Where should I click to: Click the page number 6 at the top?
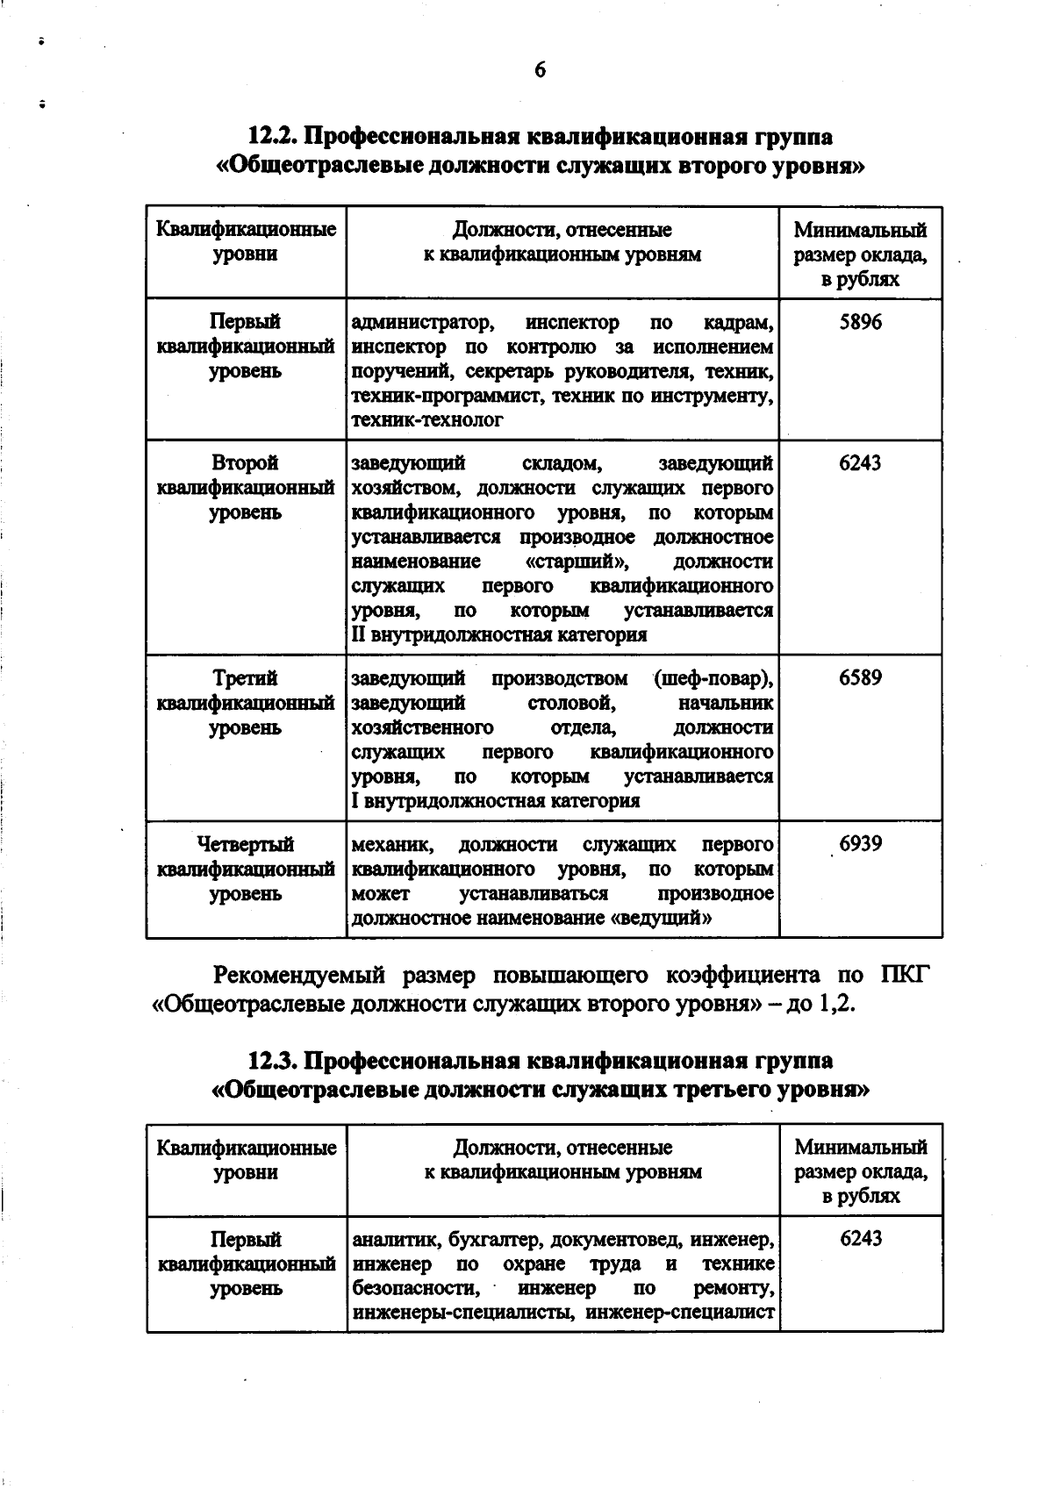coord(540,69)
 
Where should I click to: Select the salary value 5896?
coord(860,322)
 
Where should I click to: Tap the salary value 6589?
coord(860,677)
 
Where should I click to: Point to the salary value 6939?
coord(860,844)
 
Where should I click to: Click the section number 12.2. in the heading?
coord(273,137)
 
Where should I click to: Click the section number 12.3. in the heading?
coord(273,1060)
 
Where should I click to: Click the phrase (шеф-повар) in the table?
coord(713,678)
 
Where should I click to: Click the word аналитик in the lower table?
coord(395,1240)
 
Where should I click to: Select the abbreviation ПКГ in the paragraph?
coord(901,975)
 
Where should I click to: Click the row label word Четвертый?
coord(245,844)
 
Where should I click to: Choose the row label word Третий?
coord(245,677)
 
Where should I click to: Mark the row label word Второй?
coord(245,462)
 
